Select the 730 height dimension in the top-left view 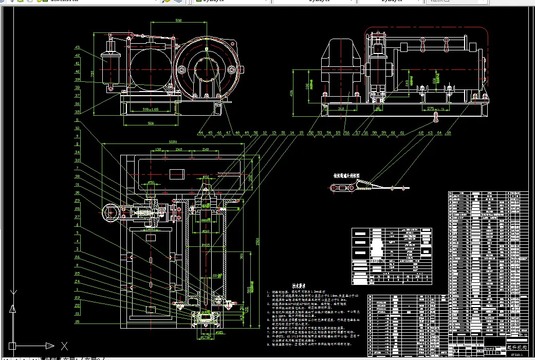pyautogui.click(x=93, y=74)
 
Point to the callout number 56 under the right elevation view pyautogui.click(x=346, y=133)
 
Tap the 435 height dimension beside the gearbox pyautogui.click(x=291, y=93)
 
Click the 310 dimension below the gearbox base pyautogui.click(x=341, y=109)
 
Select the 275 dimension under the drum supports pyautogui.click(x=431, y=109)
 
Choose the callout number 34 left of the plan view pyautogui.click(x=77, y=152)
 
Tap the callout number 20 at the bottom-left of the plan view pyautogui.click(x=77, y=321)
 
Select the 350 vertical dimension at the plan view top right pyautogui.click(x=251, y=177)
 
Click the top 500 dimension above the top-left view pyautogui.click(x=178, y=21)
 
